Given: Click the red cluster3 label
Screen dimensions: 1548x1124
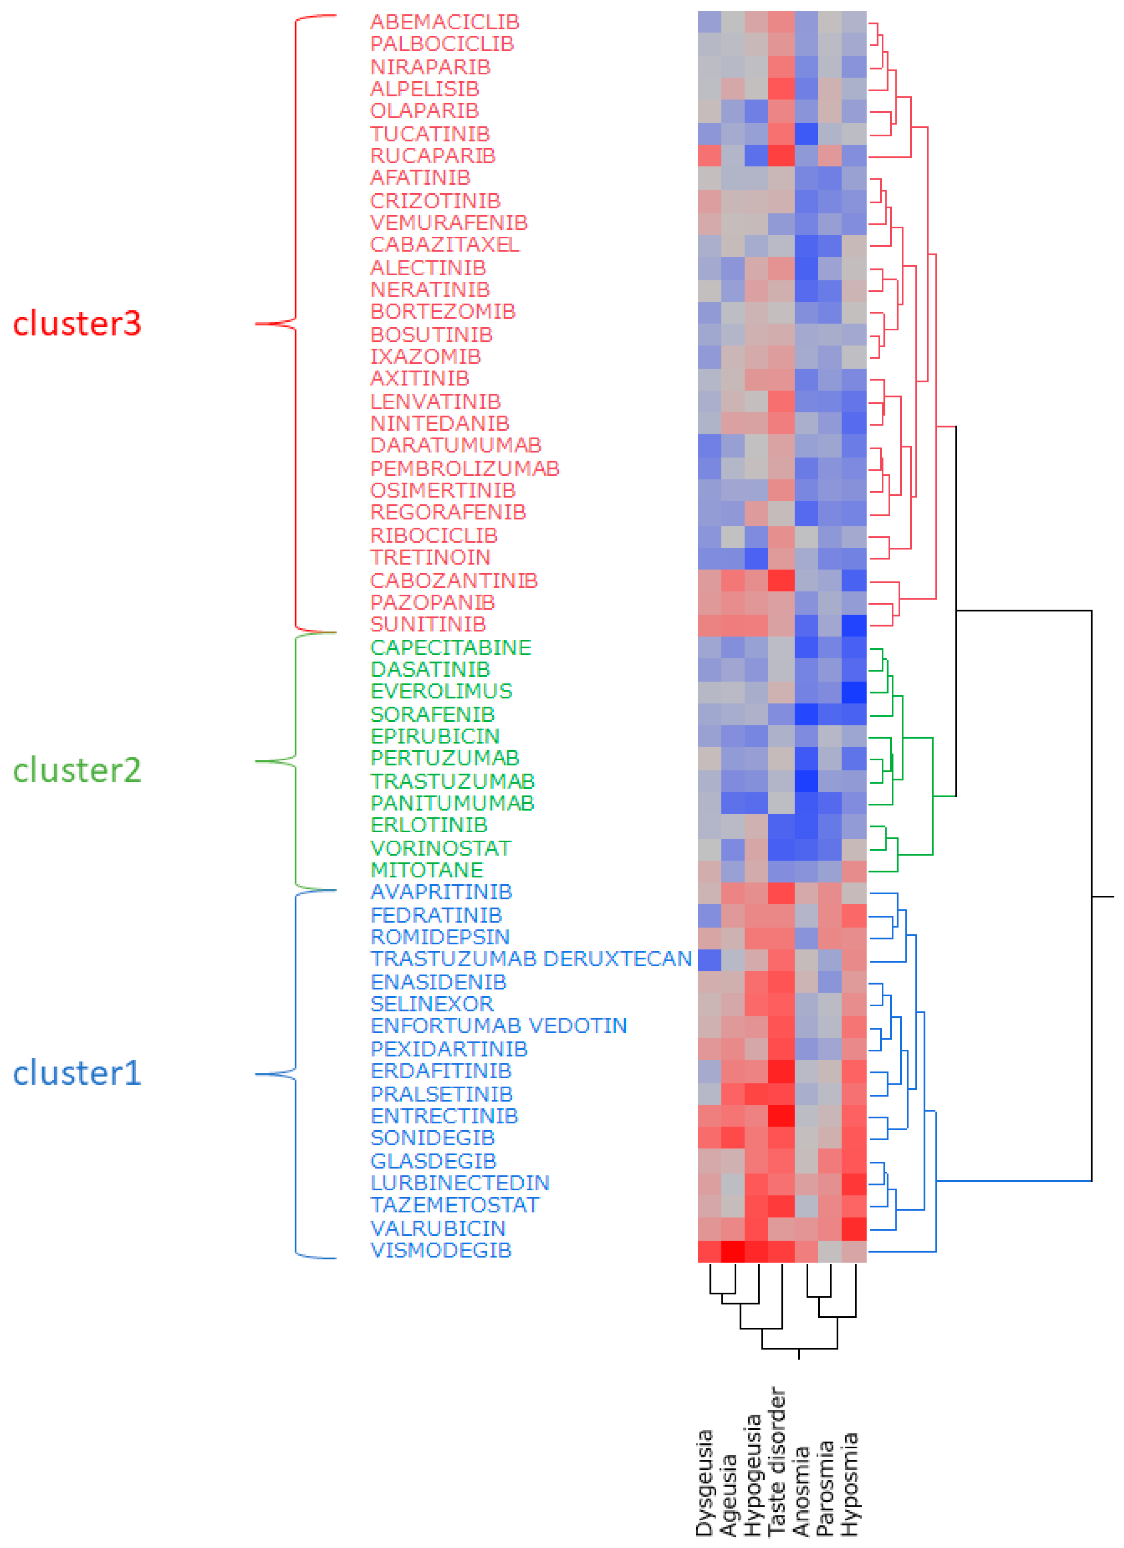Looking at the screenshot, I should point(77,324).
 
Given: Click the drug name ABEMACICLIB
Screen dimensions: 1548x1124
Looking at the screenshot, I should point(444,22).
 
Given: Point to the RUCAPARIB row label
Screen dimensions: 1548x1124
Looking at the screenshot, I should point(433,156).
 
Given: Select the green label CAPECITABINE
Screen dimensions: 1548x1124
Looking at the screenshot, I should point(450,647).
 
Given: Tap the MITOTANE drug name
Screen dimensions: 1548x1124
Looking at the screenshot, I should point(427,870).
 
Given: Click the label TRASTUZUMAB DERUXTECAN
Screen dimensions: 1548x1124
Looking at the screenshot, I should point(531,959).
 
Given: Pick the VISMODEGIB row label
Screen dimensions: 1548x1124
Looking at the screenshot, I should point(441,1250).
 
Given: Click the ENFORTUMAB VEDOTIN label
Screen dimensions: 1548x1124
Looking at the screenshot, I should point(498,1026).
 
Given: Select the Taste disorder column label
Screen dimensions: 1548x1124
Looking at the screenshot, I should point(777,1461).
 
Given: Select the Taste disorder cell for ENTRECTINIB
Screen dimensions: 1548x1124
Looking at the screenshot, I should point(781,1116).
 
